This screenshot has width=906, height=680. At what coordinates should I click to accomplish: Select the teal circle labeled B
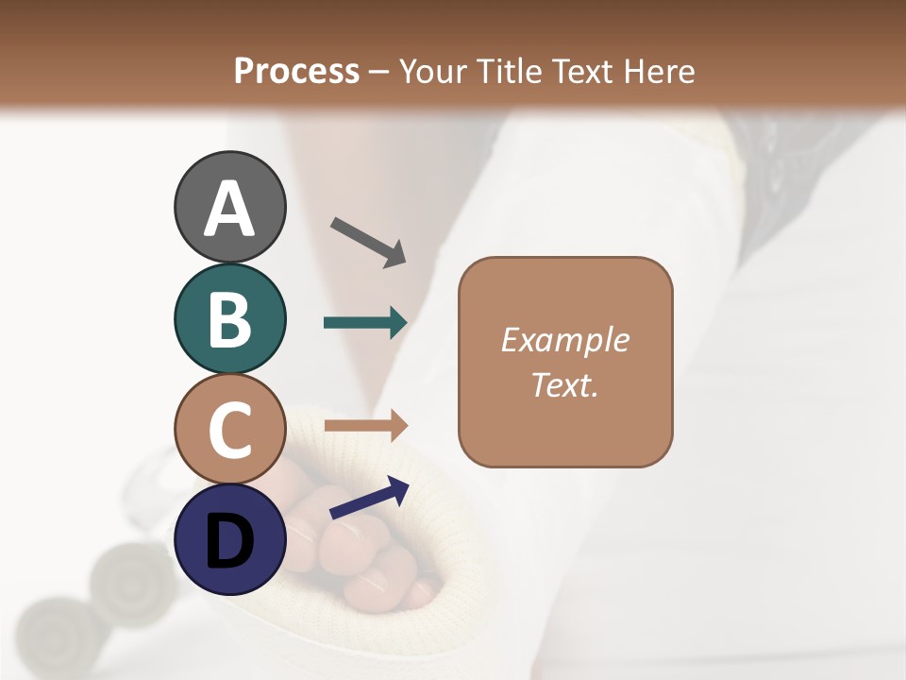pos(229,318)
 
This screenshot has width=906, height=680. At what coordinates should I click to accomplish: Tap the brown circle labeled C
pos(229,429)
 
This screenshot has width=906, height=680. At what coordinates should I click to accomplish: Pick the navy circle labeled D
pos(229,539)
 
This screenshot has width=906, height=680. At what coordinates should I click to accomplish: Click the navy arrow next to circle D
pos(369,498)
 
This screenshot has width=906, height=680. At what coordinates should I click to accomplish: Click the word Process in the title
pos(296,71)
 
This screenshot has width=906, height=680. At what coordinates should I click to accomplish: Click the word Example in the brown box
pos(564,340)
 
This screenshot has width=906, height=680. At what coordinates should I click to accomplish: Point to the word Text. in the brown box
pos(564,384)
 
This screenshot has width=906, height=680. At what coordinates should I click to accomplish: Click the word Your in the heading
pos(431,71)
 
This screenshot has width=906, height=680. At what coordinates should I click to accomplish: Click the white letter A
pos(229,209)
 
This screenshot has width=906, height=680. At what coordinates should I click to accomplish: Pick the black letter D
pos(229,541)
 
